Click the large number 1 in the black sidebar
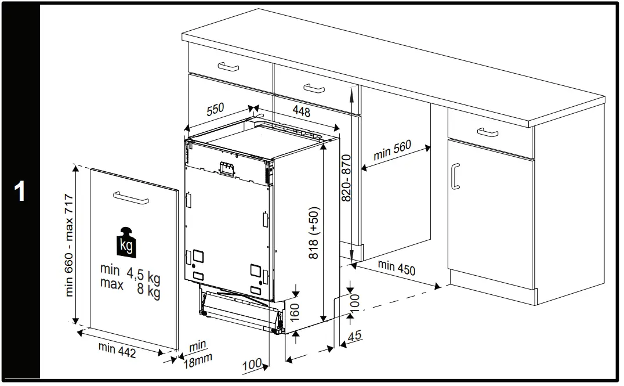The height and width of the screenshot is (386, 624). click(x=20, y=192)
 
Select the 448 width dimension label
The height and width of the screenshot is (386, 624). click(x=300, y=111)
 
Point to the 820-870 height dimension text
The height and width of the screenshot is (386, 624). click(x=346, y=178)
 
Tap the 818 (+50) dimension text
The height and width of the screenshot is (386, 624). click(x=314, y=233)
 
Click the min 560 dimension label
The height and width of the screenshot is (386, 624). click(x=392, y=150)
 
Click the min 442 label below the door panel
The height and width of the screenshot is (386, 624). click(x=117, y=350)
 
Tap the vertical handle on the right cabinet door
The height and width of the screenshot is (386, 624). click(x=456, y=176)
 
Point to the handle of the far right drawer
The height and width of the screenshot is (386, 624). click(x=488, y=132)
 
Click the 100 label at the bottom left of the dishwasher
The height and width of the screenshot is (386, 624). click(x=252, y=365)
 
